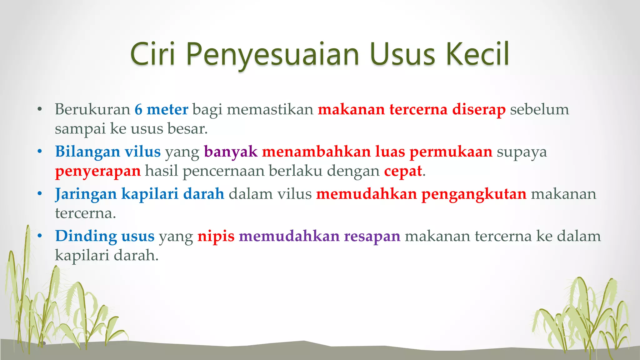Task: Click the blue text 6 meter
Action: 161,109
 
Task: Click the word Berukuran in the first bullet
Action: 92,109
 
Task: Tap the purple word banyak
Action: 231,152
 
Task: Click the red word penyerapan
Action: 98,172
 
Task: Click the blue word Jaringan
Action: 86,194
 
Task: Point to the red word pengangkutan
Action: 474,194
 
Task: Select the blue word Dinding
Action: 86,236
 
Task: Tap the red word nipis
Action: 216,237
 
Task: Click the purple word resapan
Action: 372,237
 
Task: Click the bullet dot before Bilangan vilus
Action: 40,152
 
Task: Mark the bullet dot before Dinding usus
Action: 40,236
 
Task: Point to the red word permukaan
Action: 451,152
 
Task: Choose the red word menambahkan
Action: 316,152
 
